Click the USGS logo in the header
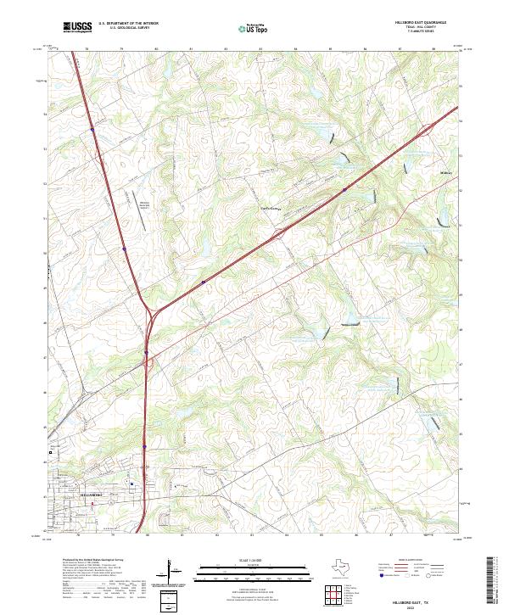[77, 28]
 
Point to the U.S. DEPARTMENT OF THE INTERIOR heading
[129, 24]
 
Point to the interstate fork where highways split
[149, 309]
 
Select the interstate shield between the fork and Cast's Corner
[204, 281]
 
